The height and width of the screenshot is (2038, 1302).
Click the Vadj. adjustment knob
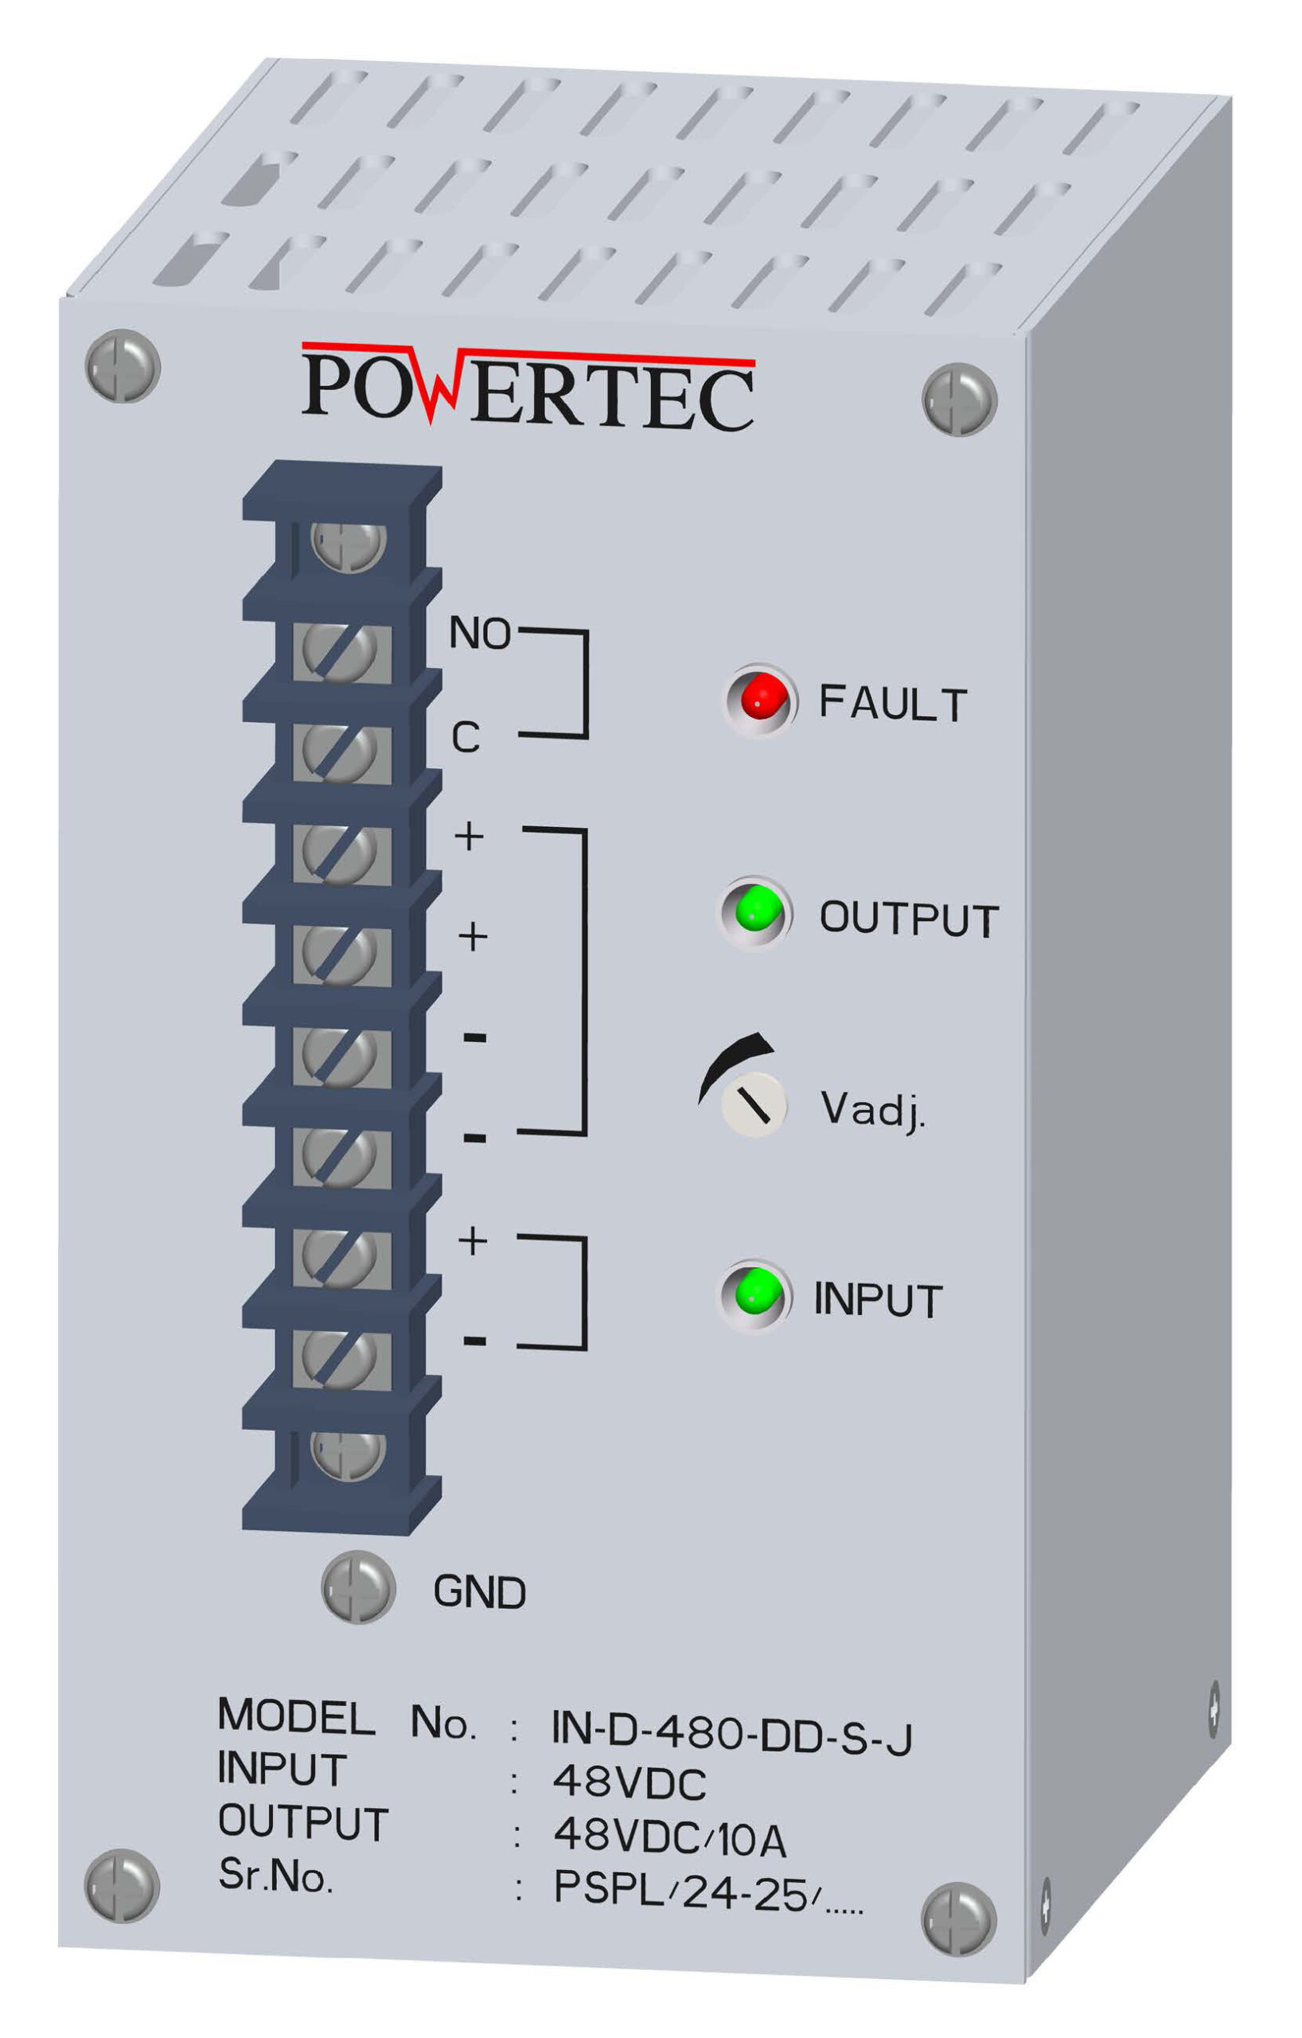(x=753, y=1103)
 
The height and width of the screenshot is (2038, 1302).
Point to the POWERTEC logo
(x=528, y=387)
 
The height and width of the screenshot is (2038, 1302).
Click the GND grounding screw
(x=358, y=1587)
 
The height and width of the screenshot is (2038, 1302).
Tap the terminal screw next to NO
(x=339, y=652)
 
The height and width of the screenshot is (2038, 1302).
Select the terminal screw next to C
(x=339, y=752)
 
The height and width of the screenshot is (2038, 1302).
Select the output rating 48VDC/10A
(x=669, y=1839)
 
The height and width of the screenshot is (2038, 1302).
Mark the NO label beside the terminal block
(x=480, y=633)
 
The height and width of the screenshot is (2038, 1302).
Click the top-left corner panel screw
(x=123, y=365)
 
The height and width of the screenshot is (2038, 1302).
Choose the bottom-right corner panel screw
(x=957, y=1919)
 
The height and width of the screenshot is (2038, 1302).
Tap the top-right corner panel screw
(x=958, y=399)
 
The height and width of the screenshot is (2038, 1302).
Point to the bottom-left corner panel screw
(x=122, y=1886)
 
